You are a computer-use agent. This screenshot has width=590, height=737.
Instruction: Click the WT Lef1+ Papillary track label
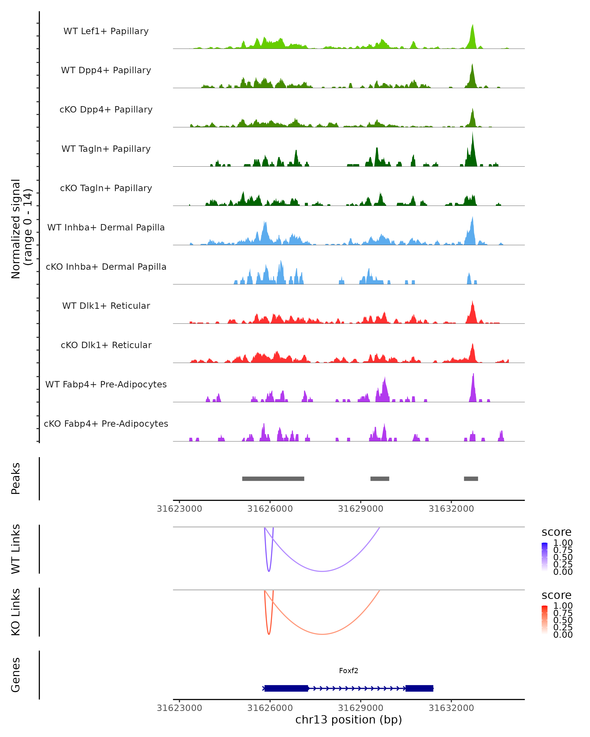(106, 31)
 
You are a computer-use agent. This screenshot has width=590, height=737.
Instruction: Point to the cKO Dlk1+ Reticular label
(106, 345)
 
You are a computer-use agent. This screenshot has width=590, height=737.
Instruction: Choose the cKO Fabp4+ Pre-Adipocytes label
(106, 424)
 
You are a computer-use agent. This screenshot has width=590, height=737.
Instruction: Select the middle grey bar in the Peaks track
(380, 479)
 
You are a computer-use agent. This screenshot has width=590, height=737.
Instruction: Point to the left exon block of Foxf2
(286, 688)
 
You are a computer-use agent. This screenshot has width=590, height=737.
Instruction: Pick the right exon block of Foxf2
(419, 688)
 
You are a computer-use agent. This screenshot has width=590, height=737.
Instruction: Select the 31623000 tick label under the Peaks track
(179, 509)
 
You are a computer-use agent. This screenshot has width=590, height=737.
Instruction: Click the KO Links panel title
(16, 612)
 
